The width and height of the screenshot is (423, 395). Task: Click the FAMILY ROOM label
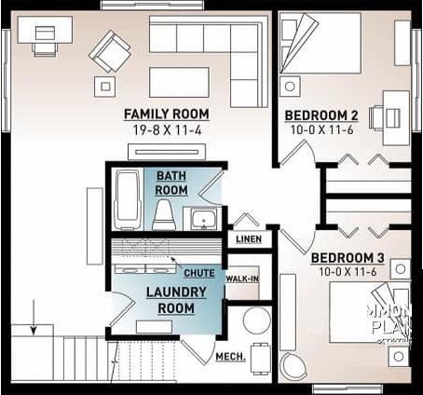coord(166,115)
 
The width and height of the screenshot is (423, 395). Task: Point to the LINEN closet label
coord(249,239)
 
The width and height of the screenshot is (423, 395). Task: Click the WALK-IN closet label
coord(242,279)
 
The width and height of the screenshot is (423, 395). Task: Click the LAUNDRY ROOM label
coord(175,300)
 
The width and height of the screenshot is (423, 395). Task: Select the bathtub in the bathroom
coord(127,199)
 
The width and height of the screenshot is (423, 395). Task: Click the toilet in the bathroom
coord(164,214)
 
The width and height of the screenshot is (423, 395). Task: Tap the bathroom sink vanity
coord(203,220)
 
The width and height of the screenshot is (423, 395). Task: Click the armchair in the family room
coord(110,51)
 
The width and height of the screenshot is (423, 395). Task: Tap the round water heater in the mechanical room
coord(256,321)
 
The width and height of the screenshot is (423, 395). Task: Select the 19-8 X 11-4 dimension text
coord(166,129)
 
